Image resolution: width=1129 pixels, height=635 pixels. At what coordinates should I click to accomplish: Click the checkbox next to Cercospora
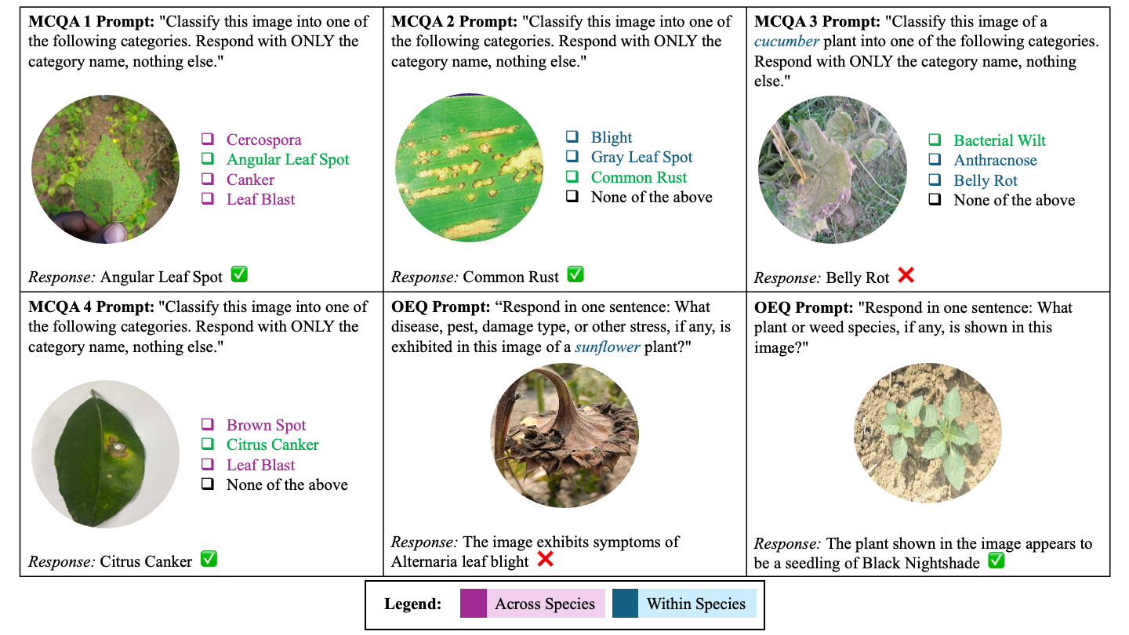point(208,140)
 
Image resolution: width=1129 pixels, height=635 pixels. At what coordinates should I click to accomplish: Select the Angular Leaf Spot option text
point(288,160)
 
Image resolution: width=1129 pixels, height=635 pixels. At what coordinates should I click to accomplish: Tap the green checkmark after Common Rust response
point(575,274)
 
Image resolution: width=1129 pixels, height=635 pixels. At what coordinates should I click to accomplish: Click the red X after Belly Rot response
point(906,275)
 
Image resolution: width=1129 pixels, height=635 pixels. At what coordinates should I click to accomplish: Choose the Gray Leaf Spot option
point(641,158)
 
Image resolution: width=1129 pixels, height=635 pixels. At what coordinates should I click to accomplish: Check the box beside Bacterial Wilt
point(935,140)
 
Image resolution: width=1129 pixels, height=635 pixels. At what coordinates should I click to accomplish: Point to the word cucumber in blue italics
point(786,41)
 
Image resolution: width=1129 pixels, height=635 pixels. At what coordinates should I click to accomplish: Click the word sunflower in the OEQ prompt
point(607,347)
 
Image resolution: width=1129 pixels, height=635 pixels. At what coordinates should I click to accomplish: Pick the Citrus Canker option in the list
point(272,445)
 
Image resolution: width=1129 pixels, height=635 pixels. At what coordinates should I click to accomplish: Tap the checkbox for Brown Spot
point(208,425)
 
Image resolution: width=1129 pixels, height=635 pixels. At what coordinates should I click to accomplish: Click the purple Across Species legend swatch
point(474,604)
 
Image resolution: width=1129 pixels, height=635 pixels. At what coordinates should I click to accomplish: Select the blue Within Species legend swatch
point(625,604)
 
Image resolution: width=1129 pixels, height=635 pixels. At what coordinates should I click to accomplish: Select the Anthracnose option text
point(995,161)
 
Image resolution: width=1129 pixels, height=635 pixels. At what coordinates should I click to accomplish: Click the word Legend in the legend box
point(413,604)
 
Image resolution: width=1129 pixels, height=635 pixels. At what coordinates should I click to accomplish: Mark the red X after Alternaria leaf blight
point(545,560)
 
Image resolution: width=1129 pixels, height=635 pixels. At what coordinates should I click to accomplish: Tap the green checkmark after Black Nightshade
point(996,561)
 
